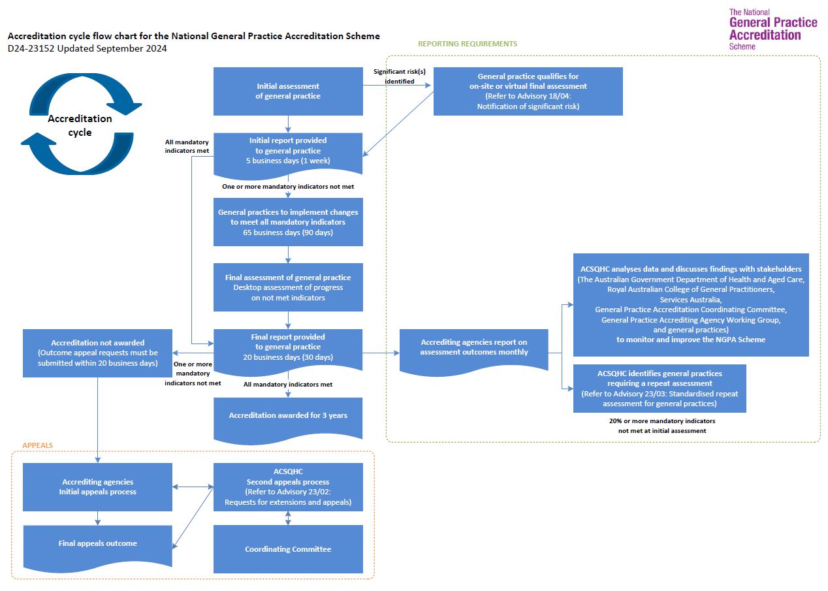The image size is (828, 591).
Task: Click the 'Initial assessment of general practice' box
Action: click(x=288, y=91)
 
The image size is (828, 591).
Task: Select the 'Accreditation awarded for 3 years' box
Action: click(x=288, y=416)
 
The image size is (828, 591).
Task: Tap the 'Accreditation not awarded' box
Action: click(x=97, y=353)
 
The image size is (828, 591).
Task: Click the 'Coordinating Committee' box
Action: click(x=288, y=549)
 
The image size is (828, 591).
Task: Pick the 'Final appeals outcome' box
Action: click(x=97, y=543)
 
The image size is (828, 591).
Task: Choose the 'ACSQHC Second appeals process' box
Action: click(x=288, y=487)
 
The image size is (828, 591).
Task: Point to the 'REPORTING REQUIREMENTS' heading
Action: click(x=468, y=44)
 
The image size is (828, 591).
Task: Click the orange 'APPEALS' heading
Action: click(x=38, y=445)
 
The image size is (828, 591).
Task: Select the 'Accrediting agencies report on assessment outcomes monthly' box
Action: click(x=473, y=347)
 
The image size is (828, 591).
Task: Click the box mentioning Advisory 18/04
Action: click(x=528, y=91)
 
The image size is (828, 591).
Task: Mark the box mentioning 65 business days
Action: click(x=288, y=223)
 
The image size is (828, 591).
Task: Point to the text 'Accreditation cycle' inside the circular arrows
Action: click(x=80, y=125)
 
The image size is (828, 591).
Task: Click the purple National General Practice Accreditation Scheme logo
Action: click(x=772, y=29)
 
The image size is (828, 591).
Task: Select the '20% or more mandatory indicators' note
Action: click(x=658, y=426)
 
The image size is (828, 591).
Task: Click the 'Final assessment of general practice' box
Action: click(x=288, y=287)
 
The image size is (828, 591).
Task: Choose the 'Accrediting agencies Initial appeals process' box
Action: click(x=97, y=487)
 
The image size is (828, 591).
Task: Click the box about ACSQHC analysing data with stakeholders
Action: click(x=691, y=304)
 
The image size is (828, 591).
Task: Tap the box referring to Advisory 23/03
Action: click(x=660, y=389)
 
